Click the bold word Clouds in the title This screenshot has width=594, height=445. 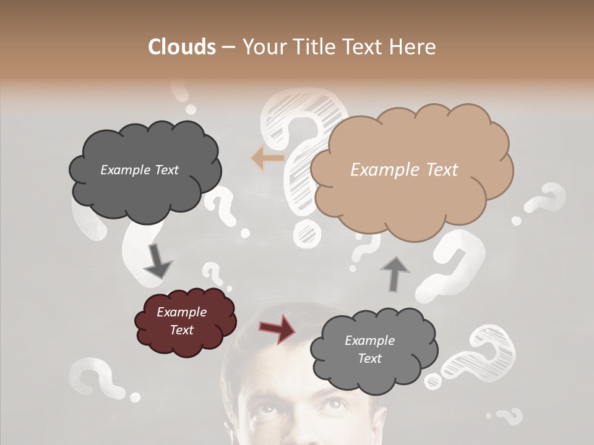[181, 47]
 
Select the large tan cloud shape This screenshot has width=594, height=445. [411, 170]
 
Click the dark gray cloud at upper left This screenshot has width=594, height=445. [145, 169]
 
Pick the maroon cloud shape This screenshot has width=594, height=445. [185, 321]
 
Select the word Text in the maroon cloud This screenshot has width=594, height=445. [181, 330]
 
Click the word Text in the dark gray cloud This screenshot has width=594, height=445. [165, 170]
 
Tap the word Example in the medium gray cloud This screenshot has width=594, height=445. [369, 341]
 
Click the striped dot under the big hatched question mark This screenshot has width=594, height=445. [305, 234]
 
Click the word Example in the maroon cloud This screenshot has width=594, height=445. [181, 313]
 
